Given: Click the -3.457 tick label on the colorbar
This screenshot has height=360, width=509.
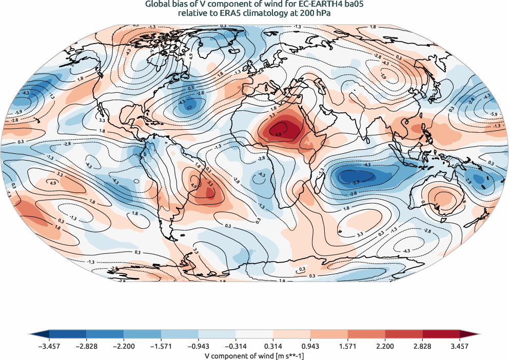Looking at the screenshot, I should coord(49,346).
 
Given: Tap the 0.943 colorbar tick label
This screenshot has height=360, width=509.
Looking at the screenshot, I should coord(311,346).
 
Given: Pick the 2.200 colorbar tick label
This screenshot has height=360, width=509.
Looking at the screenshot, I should coord(386,346).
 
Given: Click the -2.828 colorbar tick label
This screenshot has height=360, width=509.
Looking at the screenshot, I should coord(86,346).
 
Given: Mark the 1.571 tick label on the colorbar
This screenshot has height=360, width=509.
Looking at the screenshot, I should coord(348,346).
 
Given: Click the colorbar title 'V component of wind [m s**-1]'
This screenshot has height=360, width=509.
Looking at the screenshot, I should coord(254,355).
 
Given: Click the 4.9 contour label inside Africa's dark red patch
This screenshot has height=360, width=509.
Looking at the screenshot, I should coord(278,134).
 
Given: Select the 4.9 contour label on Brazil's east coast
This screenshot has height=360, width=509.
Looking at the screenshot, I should coord(194,186).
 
